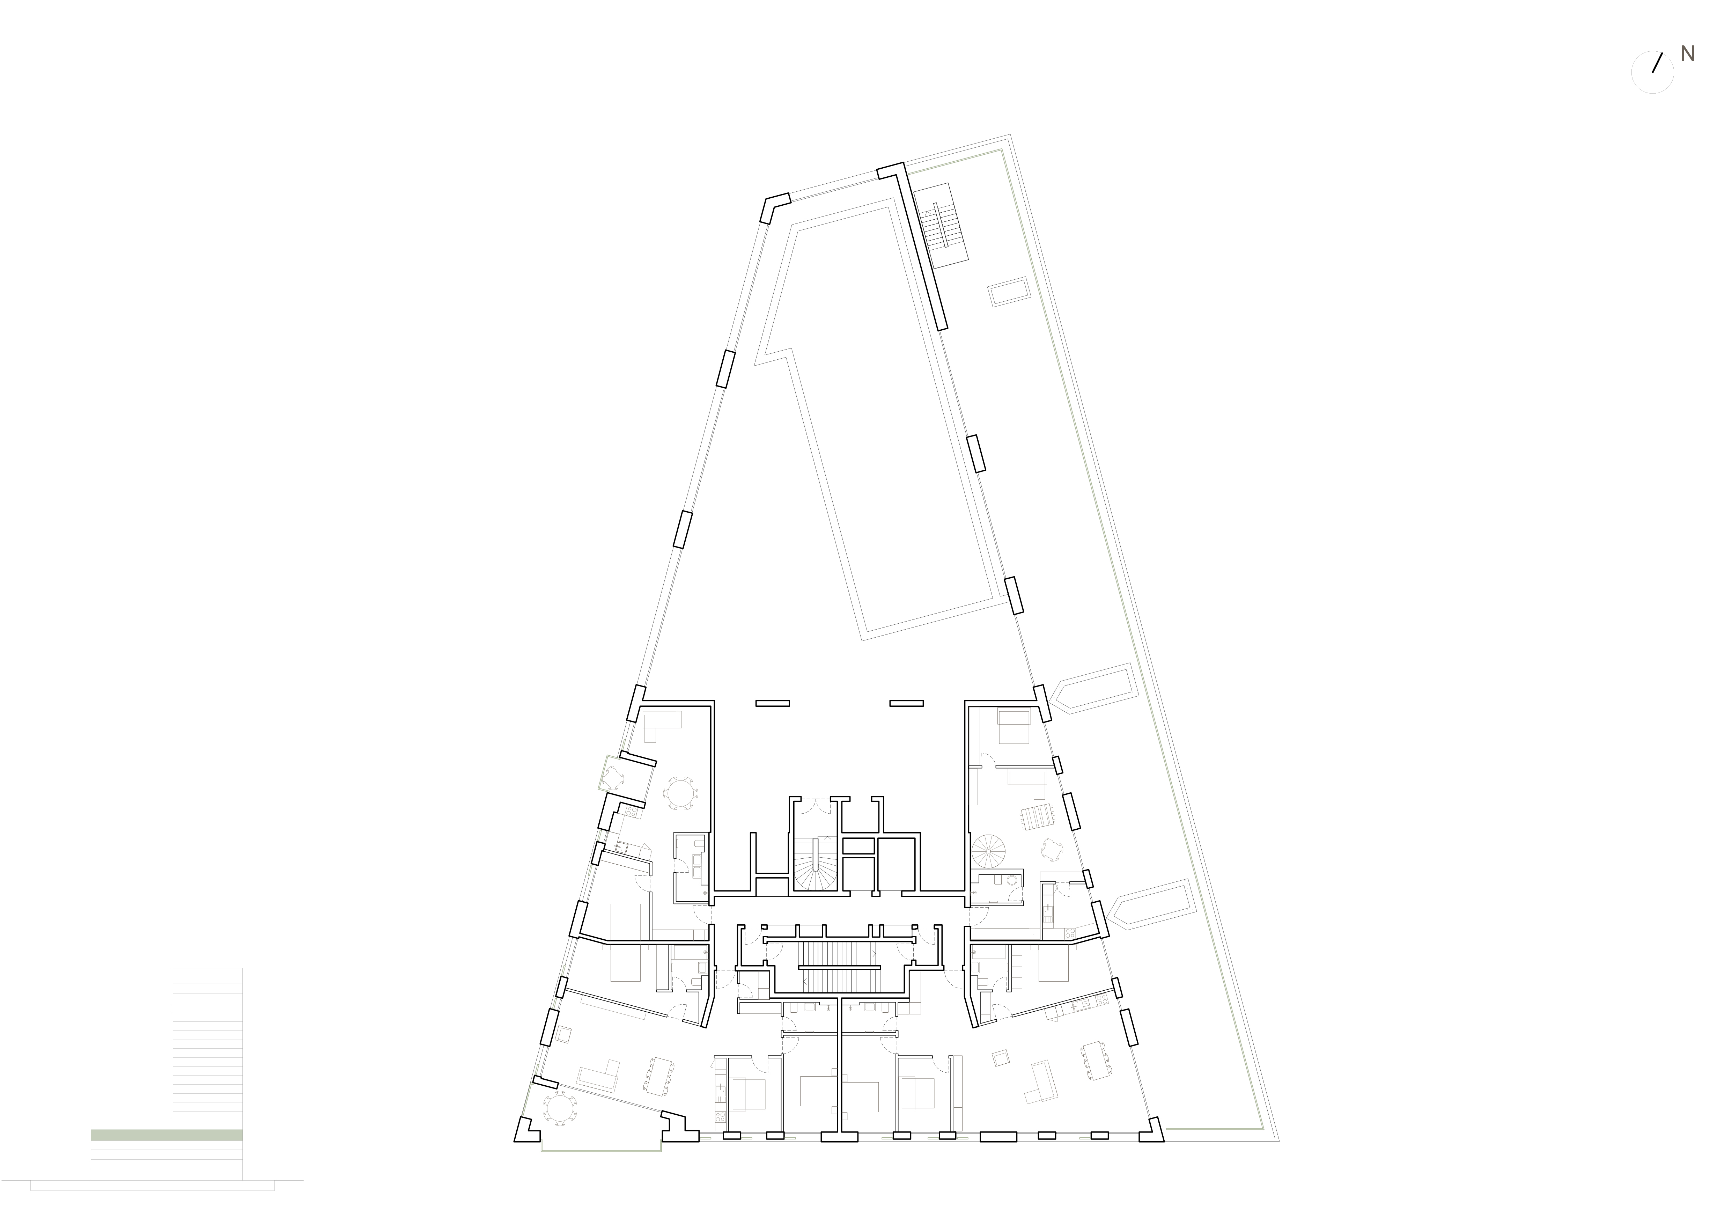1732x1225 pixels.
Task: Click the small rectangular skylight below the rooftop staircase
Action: (x=1010, y=293)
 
